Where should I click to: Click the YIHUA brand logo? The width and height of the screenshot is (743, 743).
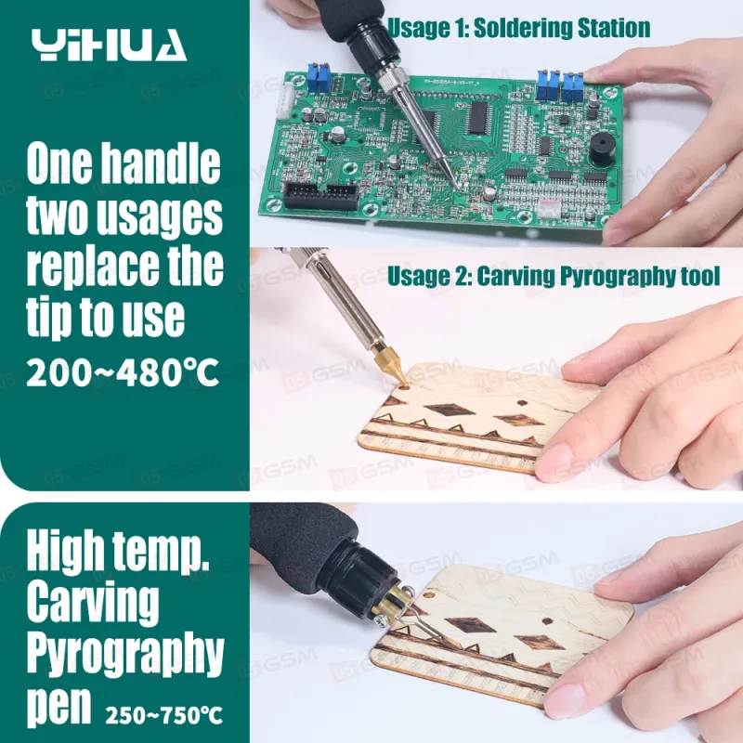(x=109, y=46)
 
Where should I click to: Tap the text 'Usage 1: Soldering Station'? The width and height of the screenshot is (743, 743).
(x=518, y=28)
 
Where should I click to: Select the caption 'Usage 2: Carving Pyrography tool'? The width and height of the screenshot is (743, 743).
(x=554, y=276)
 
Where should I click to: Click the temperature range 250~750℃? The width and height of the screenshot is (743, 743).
(x=163, y=715)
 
